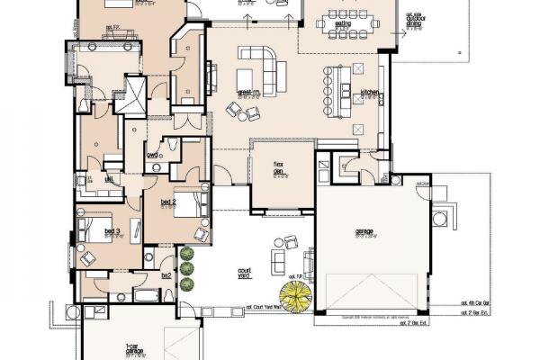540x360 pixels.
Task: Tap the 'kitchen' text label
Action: coord(371,93)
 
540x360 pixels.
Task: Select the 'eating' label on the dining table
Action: coord(343,23)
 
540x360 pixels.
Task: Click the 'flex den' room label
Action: coord(279,167)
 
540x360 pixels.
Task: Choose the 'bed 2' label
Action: coord(167,202)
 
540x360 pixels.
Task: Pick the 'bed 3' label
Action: coord(112,231)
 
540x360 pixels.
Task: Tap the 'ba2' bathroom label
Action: coord(166,275)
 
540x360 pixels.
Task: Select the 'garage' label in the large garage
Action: coord(364,231)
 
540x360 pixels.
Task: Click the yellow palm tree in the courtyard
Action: coord(294,294)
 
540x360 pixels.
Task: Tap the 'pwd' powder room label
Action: coord(153,155)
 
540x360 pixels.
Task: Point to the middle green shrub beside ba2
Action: coord(186,270)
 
